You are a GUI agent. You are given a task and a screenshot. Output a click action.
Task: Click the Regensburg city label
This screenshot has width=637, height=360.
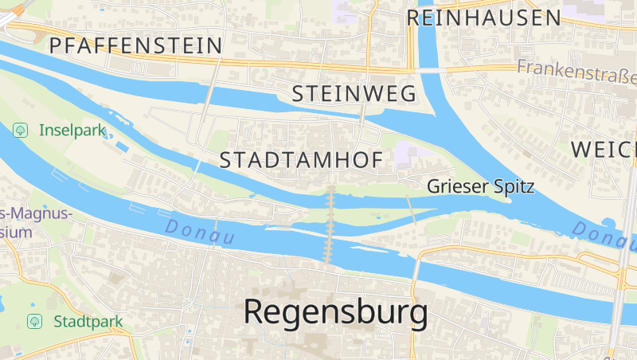335,311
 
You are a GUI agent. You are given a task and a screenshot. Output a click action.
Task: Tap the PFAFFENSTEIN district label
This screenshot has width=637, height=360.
135,45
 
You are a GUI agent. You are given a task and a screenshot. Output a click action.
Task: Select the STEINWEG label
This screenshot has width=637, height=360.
354,93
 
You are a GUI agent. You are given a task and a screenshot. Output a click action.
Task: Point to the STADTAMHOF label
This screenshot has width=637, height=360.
301,159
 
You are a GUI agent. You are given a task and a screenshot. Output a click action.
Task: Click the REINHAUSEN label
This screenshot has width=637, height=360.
484,18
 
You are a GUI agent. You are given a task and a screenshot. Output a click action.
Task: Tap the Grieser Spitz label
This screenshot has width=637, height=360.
480,186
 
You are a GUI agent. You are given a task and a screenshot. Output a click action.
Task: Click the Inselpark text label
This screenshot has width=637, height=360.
72,130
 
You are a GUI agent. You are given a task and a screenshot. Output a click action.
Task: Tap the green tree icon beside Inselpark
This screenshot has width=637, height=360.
21,129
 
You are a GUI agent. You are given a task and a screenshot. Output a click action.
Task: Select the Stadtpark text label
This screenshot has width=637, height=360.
88,322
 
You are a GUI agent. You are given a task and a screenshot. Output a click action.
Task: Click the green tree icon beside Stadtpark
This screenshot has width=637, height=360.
34,321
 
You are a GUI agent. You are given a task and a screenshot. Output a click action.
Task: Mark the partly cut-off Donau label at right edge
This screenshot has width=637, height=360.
604,233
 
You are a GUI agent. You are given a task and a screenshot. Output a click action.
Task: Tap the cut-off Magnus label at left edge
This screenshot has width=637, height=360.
36,213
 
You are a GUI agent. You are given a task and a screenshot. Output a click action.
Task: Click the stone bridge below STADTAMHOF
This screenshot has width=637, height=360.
330,223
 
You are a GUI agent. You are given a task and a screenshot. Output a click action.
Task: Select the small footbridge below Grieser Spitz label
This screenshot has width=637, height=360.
411,209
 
